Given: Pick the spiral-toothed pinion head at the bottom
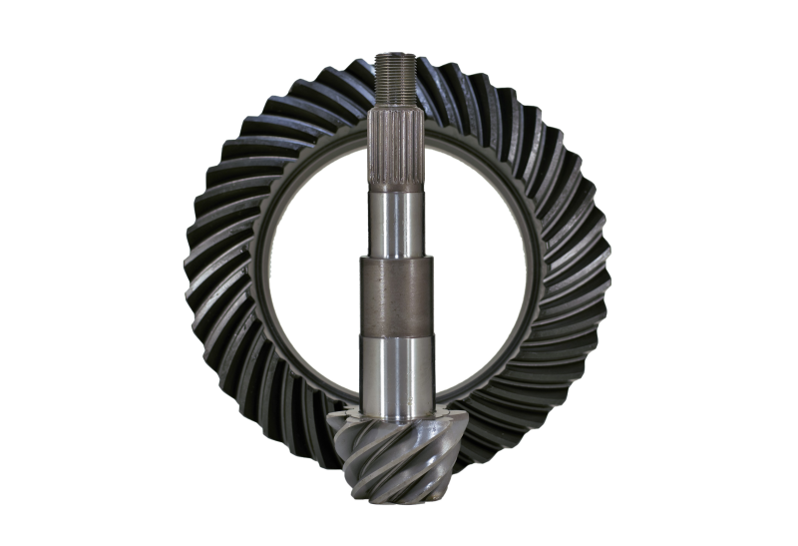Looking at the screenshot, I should (x=389, y=449).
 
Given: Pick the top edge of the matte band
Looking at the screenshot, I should (x=399, y=258).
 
